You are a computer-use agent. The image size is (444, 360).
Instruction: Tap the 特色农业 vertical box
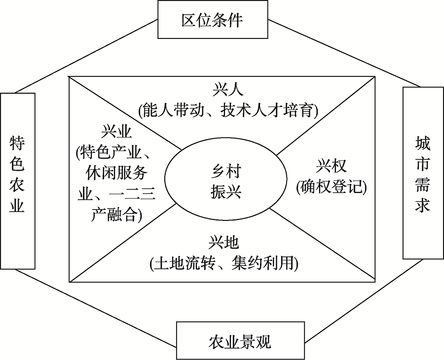18,181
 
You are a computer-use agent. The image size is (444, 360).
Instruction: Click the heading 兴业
116,132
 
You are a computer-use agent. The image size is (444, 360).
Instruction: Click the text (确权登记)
332,186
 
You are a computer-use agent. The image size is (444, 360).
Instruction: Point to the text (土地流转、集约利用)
224,262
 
